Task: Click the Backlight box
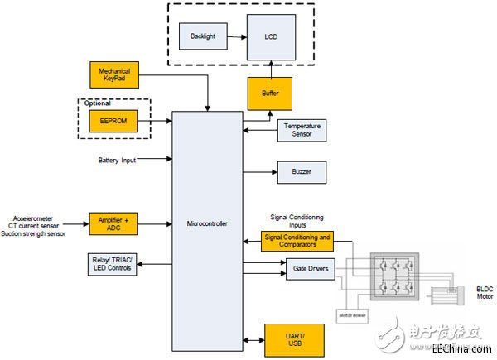click(204, 36)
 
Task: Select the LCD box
click(271, 36)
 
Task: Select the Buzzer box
click(301, 173)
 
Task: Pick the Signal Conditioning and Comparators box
click(297, 241)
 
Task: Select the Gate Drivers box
click(301, 268)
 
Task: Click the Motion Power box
click(352, 314)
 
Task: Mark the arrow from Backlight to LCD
click(236, 36)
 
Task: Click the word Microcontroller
click(206, 223)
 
